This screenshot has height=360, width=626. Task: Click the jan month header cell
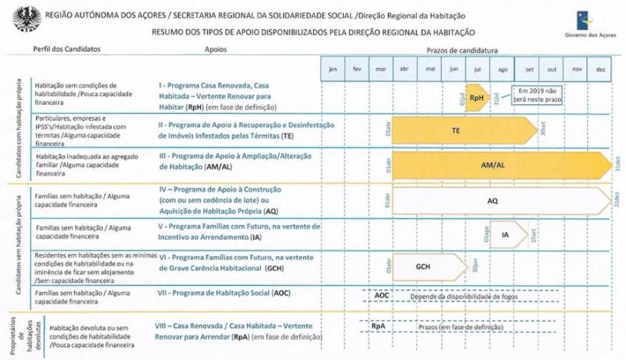(x=332, y=69)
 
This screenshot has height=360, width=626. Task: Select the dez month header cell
(x=600, y=69)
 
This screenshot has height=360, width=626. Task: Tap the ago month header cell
(x=503, y=69)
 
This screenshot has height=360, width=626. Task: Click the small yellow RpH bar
(x=477, y=96)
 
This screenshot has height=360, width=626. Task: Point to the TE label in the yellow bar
(x=456, y=131)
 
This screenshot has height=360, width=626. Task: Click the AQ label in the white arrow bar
(x=492, y=201)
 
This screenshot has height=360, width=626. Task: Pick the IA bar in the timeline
(x=505, y=234)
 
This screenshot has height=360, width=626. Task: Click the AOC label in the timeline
(x=382, y=294)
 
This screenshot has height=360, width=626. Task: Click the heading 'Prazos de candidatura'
(x=462, y=50)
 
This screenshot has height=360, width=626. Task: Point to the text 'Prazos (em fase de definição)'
(x=462, y=326)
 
